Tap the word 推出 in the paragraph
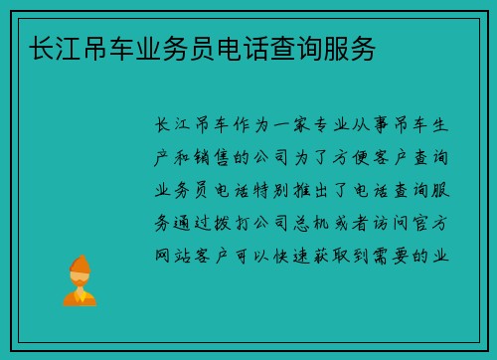pos(347,190)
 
